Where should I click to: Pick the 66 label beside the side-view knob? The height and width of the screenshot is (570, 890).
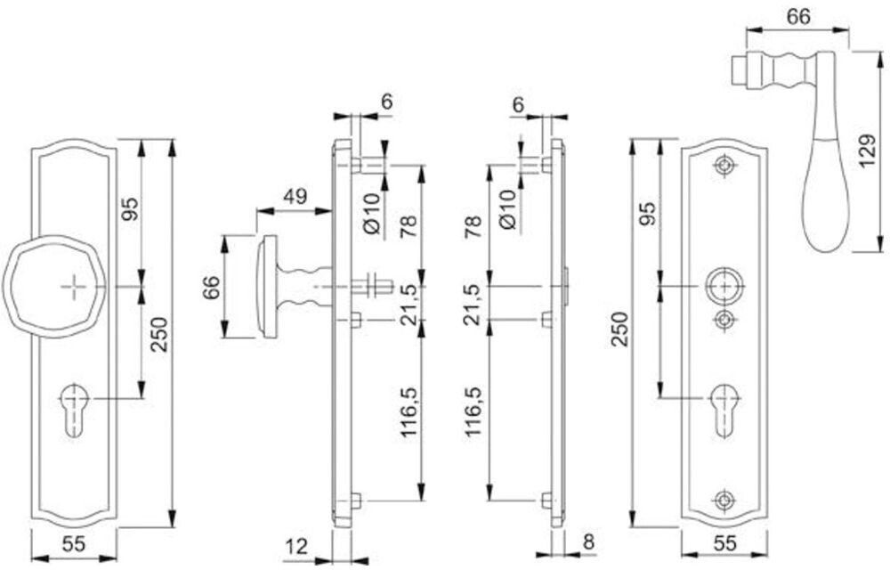tap(211, 287)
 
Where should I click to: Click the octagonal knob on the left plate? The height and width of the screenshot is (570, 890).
tap(55, 286)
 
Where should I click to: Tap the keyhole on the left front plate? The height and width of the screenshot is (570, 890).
tap(73, 407)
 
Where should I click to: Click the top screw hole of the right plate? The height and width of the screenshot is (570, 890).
tap(725, 166)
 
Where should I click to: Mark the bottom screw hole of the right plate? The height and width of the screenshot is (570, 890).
tap(725, 500)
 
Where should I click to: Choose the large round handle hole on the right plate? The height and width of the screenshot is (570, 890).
tap(725, 287)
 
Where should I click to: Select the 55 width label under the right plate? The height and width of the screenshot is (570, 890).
tap(725, 542)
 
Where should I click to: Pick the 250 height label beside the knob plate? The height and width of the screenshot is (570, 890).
tap(158, 334)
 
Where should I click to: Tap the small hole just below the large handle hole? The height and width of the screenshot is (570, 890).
tap(725, 319)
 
